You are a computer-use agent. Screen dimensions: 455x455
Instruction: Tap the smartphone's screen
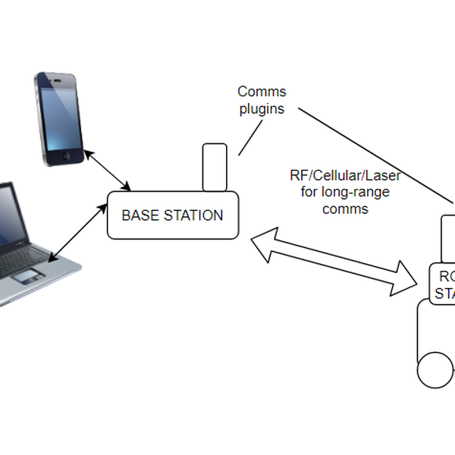click(x=62, y=114)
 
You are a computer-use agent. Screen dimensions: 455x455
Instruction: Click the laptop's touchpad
click(x=27, y=275)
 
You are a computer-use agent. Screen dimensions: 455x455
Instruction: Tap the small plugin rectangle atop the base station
click(x=215, y=167)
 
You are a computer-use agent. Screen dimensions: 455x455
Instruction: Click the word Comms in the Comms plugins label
click(x=262, y=92)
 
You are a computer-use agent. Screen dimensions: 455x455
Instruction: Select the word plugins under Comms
click(x=262, y=108)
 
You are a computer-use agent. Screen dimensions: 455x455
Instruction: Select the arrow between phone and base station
click(x=108, y=170)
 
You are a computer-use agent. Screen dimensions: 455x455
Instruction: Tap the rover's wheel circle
click(x=435, y=370)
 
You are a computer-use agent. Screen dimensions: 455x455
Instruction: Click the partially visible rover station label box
click(x=443, y=284)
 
